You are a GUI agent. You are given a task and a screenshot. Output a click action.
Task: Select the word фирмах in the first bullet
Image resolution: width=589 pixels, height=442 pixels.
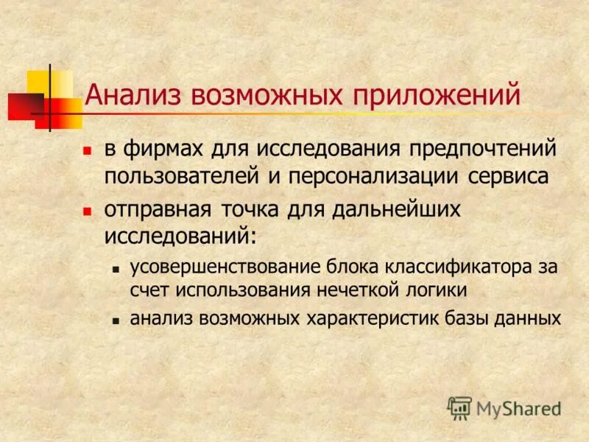159,149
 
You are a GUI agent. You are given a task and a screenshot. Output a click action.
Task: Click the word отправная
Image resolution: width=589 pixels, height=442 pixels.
158,209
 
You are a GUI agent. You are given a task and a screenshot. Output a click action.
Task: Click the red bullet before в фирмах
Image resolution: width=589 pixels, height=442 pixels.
87,150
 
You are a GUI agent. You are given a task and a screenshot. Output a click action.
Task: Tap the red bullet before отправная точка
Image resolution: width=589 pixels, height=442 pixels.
87,210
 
